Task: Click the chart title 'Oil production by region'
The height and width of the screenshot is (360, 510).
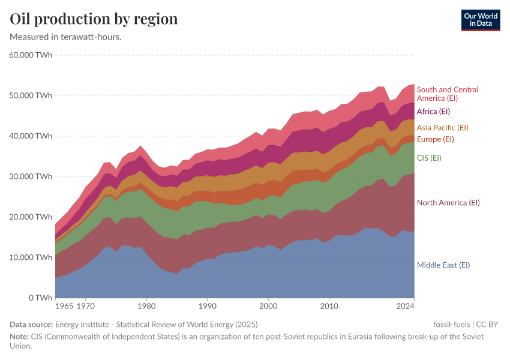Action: pos(94,19)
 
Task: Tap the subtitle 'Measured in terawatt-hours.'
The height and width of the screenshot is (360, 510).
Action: pos(66,37)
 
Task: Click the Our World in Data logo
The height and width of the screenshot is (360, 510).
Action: pos(480,20)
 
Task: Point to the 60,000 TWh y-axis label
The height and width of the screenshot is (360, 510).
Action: pos(31,55)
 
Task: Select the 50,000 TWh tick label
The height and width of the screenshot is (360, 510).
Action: pos(31,95)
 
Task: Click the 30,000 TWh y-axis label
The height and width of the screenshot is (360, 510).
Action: pos(31,176)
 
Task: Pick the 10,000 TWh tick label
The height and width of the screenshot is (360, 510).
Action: pos(31,257)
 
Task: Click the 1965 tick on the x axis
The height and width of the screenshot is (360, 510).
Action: pos(64,307)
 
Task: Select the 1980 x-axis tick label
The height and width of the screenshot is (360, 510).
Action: pos(146,307)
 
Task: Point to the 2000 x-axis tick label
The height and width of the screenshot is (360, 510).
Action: pos(268,307)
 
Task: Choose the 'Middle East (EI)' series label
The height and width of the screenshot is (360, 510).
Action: pos(443,265)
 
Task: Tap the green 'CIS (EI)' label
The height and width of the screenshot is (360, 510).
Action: pos(429,158)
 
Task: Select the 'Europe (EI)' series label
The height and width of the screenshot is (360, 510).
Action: pos(435,139)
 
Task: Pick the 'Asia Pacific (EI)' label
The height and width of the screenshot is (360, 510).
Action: pos(442,127)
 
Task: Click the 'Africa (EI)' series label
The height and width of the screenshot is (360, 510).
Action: pos(433,111)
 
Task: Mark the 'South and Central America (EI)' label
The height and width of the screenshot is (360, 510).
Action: pos(447,94)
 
